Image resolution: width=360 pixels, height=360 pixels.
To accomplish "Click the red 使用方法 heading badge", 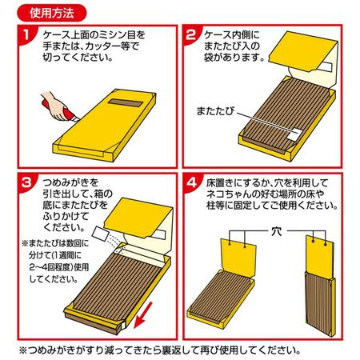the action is [52, 13].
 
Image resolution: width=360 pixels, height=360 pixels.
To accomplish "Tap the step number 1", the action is [26, 34].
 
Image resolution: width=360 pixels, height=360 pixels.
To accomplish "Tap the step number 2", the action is [190, 34].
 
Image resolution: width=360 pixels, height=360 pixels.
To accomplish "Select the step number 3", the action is [26, 183].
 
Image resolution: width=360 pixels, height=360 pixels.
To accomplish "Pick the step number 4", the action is [191, 183].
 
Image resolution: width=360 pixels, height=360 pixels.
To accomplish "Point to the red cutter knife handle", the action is [58, 110].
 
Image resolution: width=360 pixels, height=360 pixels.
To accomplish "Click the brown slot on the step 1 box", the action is [125, 103].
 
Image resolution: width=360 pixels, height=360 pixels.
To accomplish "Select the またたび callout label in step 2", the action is [215, 111].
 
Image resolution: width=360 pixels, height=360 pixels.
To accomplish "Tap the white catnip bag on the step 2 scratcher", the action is [295, 134].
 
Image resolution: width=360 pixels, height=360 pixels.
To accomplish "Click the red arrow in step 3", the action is [142, 315].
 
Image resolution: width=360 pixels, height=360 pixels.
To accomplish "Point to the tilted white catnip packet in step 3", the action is [100, 234].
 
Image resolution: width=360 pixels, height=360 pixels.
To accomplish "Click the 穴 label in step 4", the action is [276, 231].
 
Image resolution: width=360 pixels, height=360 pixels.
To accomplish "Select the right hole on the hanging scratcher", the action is [325, 244].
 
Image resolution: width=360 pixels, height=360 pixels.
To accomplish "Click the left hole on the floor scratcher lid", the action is [230, 243].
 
